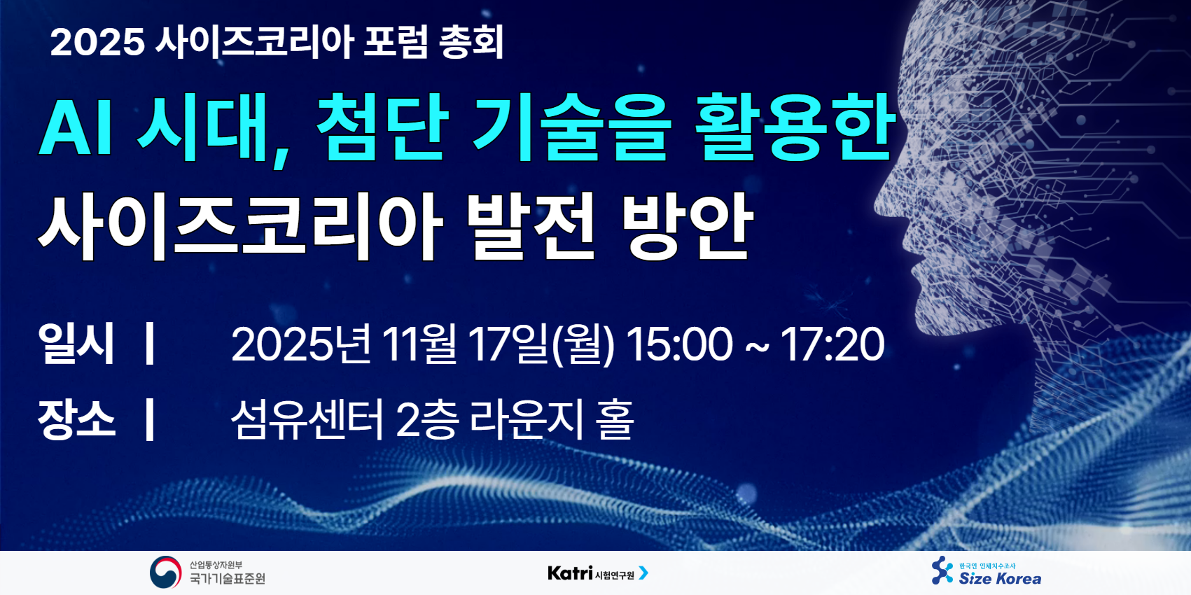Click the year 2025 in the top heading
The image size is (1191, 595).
click(x=97, y=42)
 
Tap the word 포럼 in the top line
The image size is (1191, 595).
click(x=396, y=42)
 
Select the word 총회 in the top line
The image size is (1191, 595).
click(x=472, y=42)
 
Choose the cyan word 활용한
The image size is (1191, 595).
click(x=795, y=127)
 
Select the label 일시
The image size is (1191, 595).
click(x=76, y=344)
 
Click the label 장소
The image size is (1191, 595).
click(x=76, y=419)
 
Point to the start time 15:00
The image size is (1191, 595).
click(x=680, y=344)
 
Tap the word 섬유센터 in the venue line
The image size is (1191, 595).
click(x=307, y=420)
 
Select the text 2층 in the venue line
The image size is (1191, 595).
click(x=427, y=420)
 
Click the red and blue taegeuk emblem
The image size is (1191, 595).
click(x=165, y=573)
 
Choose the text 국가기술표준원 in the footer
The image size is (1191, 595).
click(x=228, y=578)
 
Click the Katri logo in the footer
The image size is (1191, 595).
click(x=598, y=573)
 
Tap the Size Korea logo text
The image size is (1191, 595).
click(x=1000, y=578)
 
